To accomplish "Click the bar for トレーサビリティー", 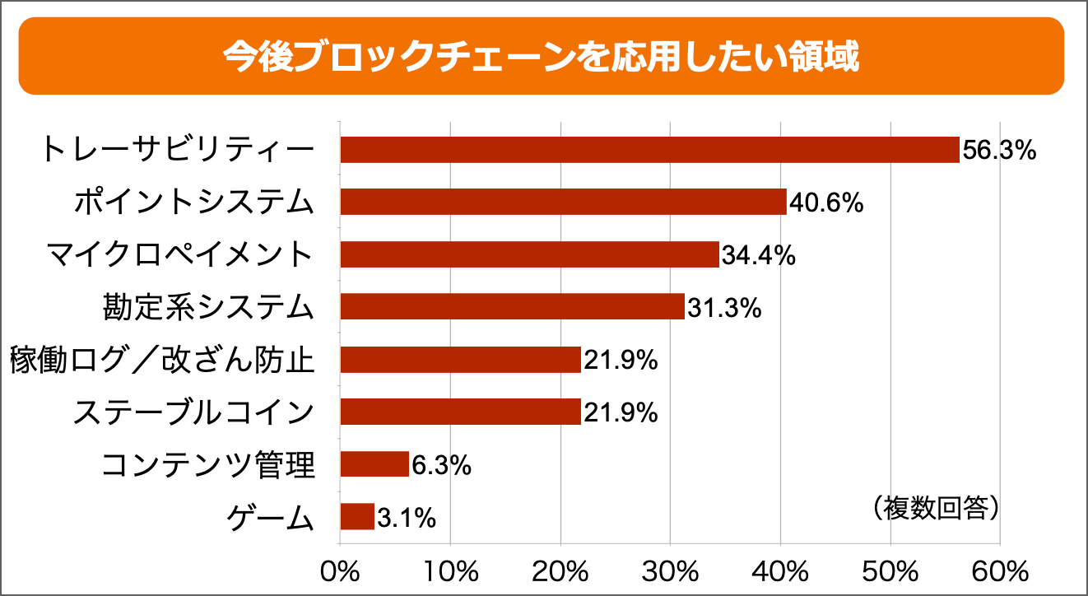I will pyautogui.click(x=649, y=150).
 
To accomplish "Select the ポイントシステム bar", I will pyautogui.click(x=563, y=202).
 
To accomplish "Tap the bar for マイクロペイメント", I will pyautogui.click(x=529, y=254).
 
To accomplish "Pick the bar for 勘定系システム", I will pyautogui.click(x=512, y=306).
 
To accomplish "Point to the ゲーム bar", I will pyautogui.click(x=357, y=517).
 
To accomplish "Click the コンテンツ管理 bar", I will pyautogui.click(x=374, y=464).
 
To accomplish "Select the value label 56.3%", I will pyautogui.click(x=998, y=151).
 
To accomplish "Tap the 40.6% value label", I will pyautogui.click(x=825, y=203).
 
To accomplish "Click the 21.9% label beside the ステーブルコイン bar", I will pyautogui.click(x=621, y=412).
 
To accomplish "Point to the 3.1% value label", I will pyautogui.click(x=407, y=518).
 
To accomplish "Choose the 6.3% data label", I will pyautogui.click(x=441, y=465).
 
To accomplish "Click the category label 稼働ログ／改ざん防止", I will pyautogui.click(x=163, y=361).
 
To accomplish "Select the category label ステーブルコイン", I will pyautogui.click(x=194, y=412).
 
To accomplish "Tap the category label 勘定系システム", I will pyautogui.click(x=209, y=307).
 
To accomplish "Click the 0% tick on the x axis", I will pyautogui.click(x=340, y=570).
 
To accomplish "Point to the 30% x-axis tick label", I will pyautogui.click(x=670, y=570).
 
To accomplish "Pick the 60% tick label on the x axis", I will pyautogui.click(x=1000, y=570).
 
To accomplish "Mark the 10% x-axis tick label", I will pyautogui.click(x=450, y=570).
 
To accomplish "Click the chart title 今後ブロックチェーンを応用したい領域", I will pyautogui.click(x=541, y=57).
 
